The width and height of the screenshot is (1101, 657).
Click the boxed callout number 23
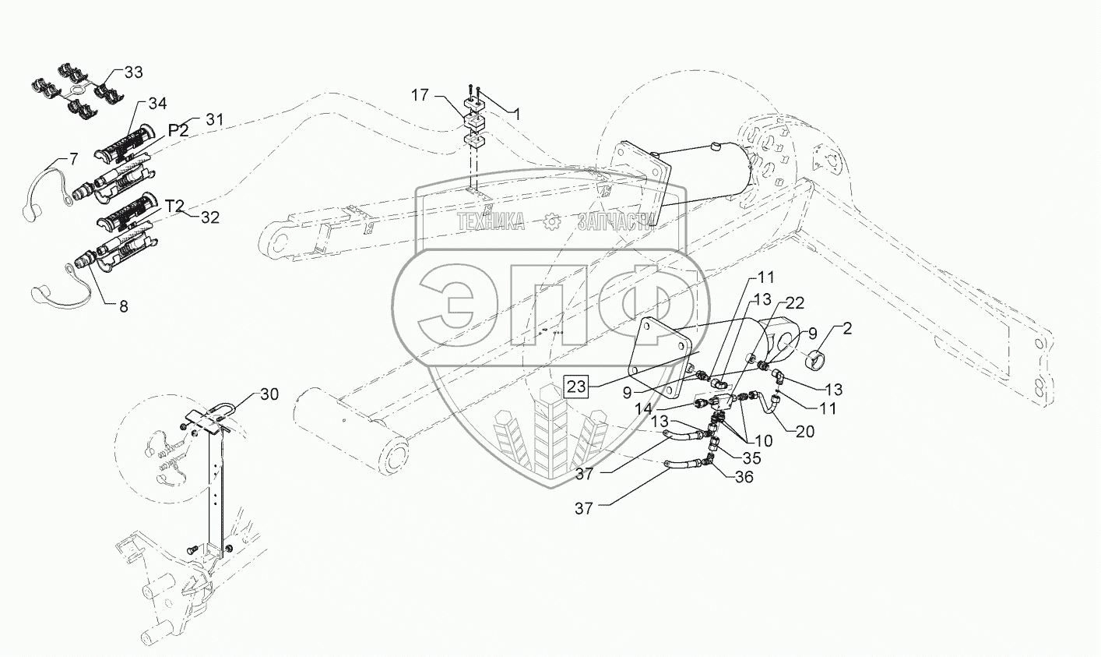(x=577, y=385)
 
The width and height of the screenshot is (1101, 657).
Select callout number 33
(x=133, y=72)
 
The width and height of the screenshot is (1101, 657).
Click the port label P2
(x=178, y=130)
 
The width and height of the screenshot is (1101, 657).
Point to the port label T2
(x=174, y=206)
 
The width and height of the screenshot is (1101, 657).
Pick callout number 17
(x=420, y=95)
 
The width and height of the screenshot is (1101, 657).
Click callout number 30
(x=269, y=394)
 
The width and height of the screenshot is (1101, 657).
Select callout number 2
(x=846, y=328)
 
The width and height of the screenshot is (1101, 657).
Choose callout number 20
(x=805, y=431)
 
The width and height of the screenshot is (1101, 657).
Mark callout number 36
(x=744, y=477)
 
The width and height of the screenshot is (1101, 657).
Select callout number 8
(x=124, y=306)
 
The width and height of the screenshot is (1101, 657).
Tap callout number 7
(x=73, y=160)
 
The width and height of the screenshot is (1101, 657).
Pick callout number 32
(x=209, y=217)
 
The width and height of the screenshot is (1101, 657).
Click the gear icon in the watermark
(x=552, y=222)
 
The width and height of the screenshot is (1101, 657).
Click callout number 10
(x=763, y=440)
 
